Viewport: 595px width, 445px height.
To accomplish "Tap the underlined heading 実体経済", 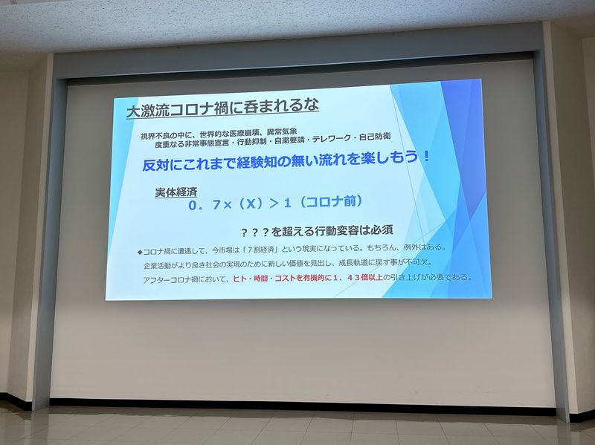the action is pyautogui.click(x=176, y=192).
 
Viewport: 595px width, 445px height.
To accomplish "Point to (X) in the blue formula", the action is pyautogui.click(x=251, y=204).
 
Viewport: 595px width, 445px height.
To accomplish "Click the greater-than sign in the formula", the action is pyautogui.click(x=274, y=204).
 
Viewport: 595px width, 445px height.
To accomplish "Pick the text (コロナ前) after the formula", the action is pyautogui.click(x=329, y=201).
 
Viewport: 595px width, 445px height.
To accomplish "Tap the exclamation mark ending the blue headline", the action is pyautogui.click(x=427, y=156).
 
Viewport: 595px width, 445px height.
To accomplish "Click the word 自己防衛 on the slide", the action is pyautogui.click(x=375, y=137).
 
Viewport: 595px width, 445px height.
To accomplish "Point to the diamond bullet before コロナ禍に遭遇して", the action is pyautogui.click(x=140, y=252).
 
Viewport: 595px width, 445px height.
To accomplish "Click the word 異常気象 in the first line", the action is pyautogui.click(x=283, y=132).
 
